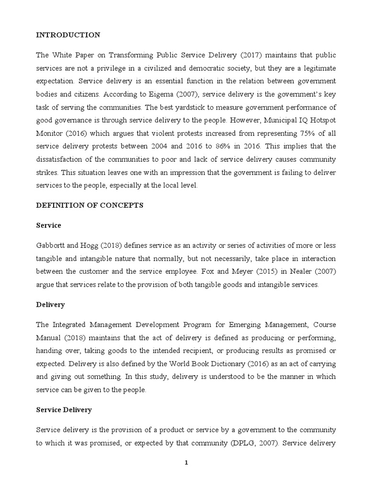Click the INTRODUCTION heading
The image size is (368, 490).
pos(69,35)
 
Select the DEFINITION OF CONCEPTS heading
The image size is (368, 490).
pos(90,205)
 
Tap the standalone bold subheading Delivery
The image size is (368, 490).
pos(50,304)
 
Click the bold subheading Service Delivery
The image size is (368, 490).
pos(64,410)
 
